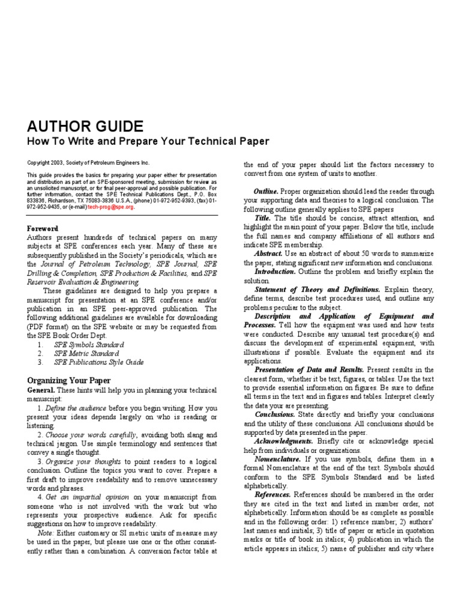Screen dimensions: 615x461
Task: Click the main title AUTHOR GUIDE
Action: point(85,127)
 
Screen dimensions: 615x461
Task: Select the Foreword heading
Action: point(43,229)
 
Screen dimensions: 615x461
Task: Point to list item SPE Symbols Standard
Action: point(89,345)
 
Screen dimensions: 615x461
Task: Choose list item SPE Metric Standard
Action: point(86,354)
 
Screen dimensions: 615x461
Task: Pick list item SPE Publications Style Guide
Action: point(99,362)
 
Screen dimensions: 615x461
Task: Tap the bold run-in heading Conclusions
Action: point(275,414)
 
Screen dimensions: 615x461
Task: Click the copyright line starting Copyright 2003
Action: point(88,163)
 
